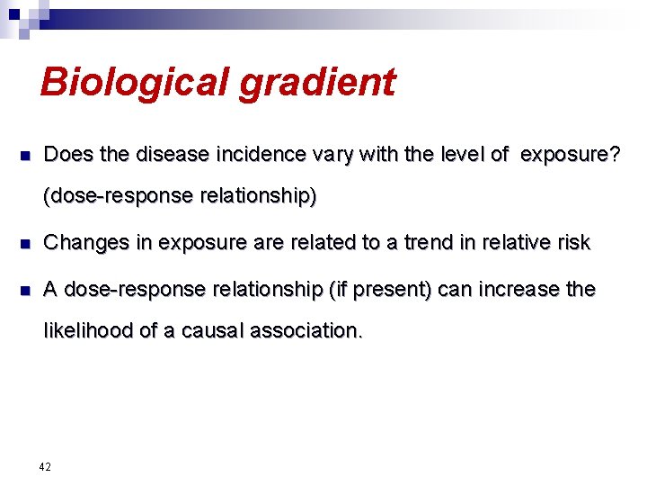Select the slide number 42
coord(45,466)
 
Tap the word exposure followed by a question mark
coord(569,155)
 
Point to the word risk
coord(572,242)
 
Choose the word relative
coord(515,242)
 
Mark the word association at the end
coord(308,330)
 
